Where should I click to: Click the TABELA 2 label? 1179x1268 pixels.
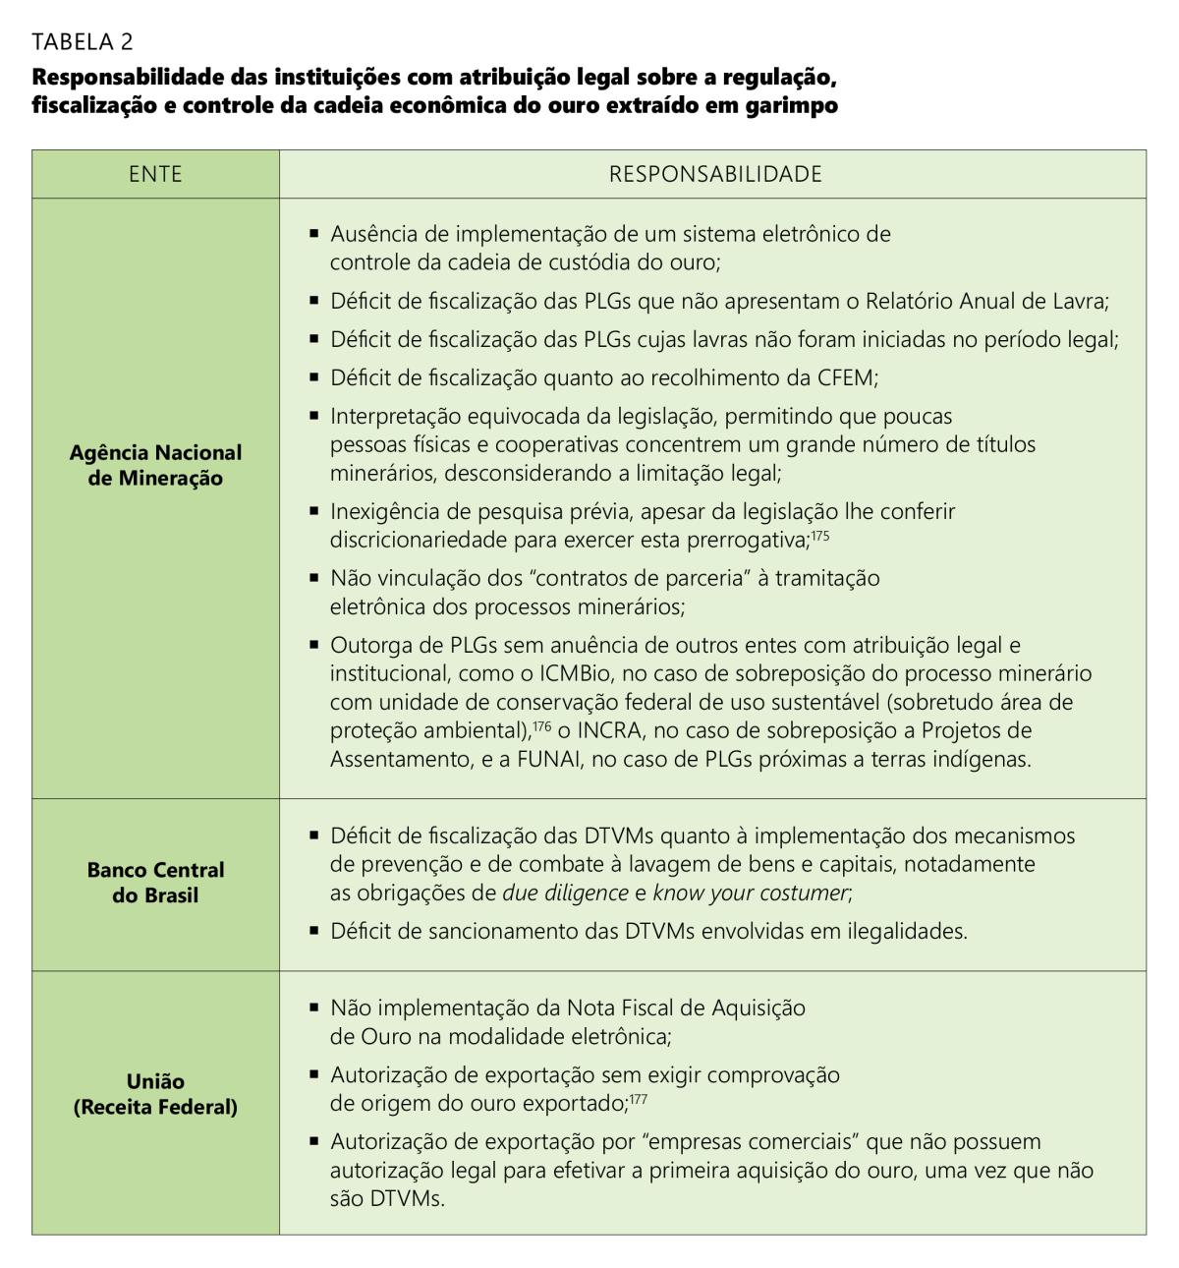click(83, 41)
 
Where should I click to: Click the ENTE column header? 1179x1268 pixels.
click(155, 174)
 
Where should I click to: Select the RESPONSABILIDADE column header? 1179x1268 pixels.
click(714, 174)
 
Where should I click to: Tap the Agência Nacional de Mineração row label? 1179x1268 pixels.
click(155, 465)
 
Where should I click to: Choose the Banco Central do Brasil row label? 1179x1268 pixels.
click(155, 883)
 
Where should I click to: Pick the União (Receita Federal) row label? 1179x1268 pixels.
click(155, 1094)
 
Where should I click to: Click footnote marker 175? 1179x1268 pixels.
click(820, 535)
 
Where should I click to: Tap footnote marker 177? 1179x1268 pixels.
click(638, 1099)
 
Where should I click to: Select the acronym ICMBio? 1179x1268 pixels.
click(576, 674)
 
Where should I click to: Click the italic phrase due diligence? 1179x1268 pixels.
click(565, 893)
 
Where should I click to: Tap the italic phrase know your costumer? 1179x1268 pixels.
click(750, 893)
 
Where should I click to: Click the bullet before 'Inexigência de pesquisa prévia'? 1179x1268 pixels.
click(314, 511)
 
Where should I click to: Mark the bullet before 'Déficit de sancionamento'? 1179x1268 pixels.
click(314, 930)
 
